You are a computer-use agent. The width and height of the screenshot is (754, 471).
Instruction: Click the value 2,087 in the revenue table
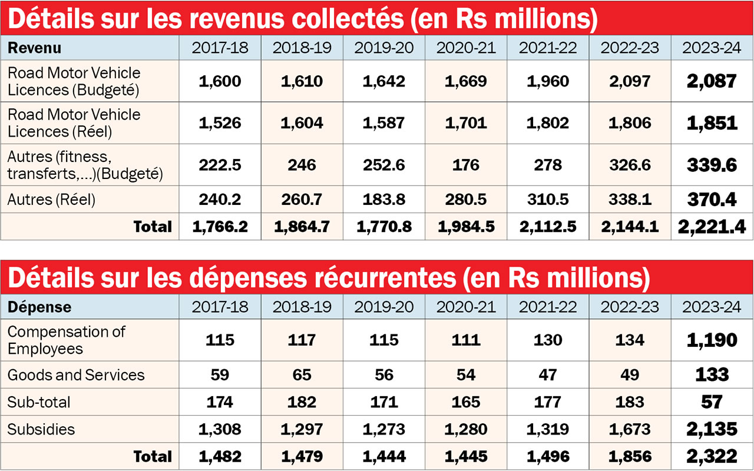pyautogui.click(x=712, y=81)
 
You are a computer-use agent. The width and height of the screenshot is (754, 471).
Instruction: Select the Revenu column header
pyautogui.click(x=35, y=48)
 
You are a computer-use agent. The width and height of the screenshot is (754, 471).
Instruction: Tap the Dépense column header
pyautogui.click(x=39, y=307)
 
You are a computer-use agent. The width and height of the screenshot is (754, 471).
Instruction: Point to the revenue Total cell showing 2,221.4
pyautogui.click(x=712, y=227)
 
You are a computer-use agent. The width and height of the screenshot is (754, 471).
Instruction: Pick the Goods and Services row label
pyautogui.click(x=76, y=375)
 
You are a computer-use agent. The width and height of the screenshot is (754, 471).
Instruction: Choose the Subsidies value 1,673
pyautogui.click(x=629, y=429)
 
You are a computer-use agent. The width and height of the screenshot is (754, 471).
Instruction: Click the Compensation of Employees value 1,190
pyautogui.click(x=712, y=340)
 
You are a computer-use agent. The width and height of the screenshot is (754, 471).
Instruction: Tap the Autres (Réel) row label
pyautogui.click(x=51, y=200)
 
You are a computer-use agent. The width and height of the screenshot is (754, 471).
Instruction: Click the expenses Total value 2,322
pyautogui.click(x=712, y=456)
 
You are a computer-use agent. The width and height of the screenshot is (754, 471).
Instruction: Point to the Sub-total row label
pyautogui.click(x=39, y=402)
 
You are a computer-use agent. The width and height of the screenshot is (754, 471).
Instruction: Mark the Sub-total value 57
pyautogui.click(x=712, y=402)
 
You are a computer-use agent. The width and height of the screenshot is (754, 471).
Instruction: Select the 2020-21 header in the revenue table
pyautogui.click(x=465, y=48)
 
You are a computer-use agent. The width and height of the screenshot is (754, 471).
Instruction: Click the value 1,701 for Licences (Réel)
pyautogui.click(x=465, y=122)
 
